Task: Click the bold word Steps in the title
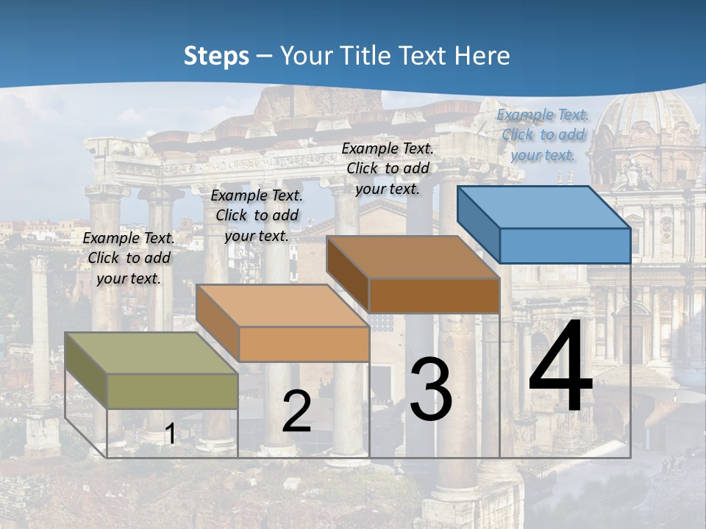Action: click(216, 56)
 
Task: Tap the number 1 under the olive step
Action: click(170, 434)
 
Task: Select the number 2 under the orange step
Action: click(296, 412)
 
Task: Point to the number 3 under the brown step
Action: click(430, 389)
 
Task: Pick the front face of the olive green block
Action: click(172, 391)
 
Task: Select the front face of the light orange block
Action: click(304, 344)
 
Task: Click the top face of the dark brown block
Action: click(413, 257)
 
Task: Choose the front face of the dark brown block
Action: click(434, 295)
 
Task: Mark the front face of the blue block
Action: click(565, 245)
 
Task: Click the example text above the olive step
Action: click(129, 258)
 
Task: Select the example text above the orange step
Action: click(257, 215)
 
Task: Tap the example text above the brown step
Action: click(388, 168)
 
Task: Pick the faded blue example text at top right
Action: click(543, 134)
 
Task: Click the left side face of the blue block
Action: click(479, 224)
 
